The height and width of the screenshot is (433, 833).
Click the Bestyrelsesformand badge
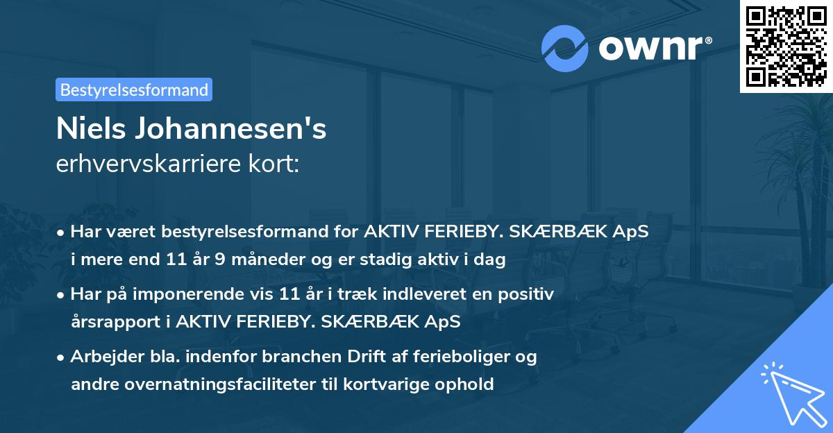[134, 90]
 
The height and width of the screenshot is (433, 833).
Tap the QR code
[786, 46]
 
